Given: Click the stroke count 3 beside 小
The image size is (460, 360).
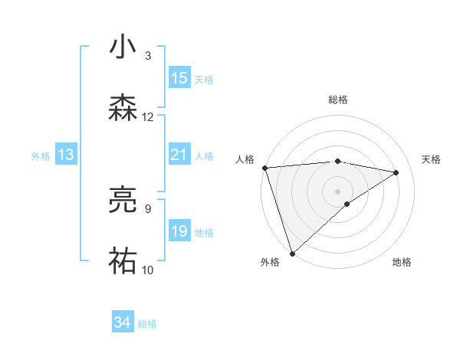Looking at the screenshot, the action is (x=148, y=56).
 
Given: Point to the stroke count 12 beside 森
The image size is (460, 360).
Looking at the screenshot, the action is (x=148, y=116).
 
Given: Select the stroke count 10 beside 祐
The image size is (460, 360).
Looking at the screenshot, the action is (x=148, y=270).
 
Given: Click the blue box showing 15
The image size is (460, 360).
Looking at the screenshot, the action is (x=179, y=78).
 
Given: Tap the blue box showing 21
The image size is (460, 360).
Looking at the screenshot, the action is (x=179, y=155).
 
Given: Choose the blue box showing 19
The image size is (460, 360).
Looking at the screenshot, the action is (x=179, y=231).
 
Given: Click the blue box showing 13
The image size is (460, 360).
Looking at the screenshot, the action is (x=66, y=155).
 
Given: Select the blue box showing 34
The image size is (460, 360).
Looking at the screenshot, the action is (x=122, y=323).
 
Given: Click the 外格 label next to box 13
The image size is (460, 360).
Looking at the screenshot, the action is (x=41, y=155).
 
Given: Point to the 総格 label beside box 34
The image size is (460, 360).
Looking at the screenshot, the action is (x=147, y=324).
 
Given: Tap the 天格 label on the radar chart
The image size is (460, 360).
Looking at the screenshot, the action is (x=432, y=159).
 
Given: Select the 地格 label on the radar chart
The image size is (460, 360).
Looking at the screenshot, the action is (x=402, y=262).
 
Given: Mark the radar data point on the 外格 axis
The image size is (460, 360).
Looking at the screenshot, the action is (x=292, y=253).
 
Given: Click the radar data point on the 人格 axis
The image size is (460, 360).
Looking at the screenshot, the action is (x=264, y=168).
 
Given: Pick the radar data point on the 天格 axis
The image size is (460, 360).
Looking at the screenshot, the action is (x=396, y=172).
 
